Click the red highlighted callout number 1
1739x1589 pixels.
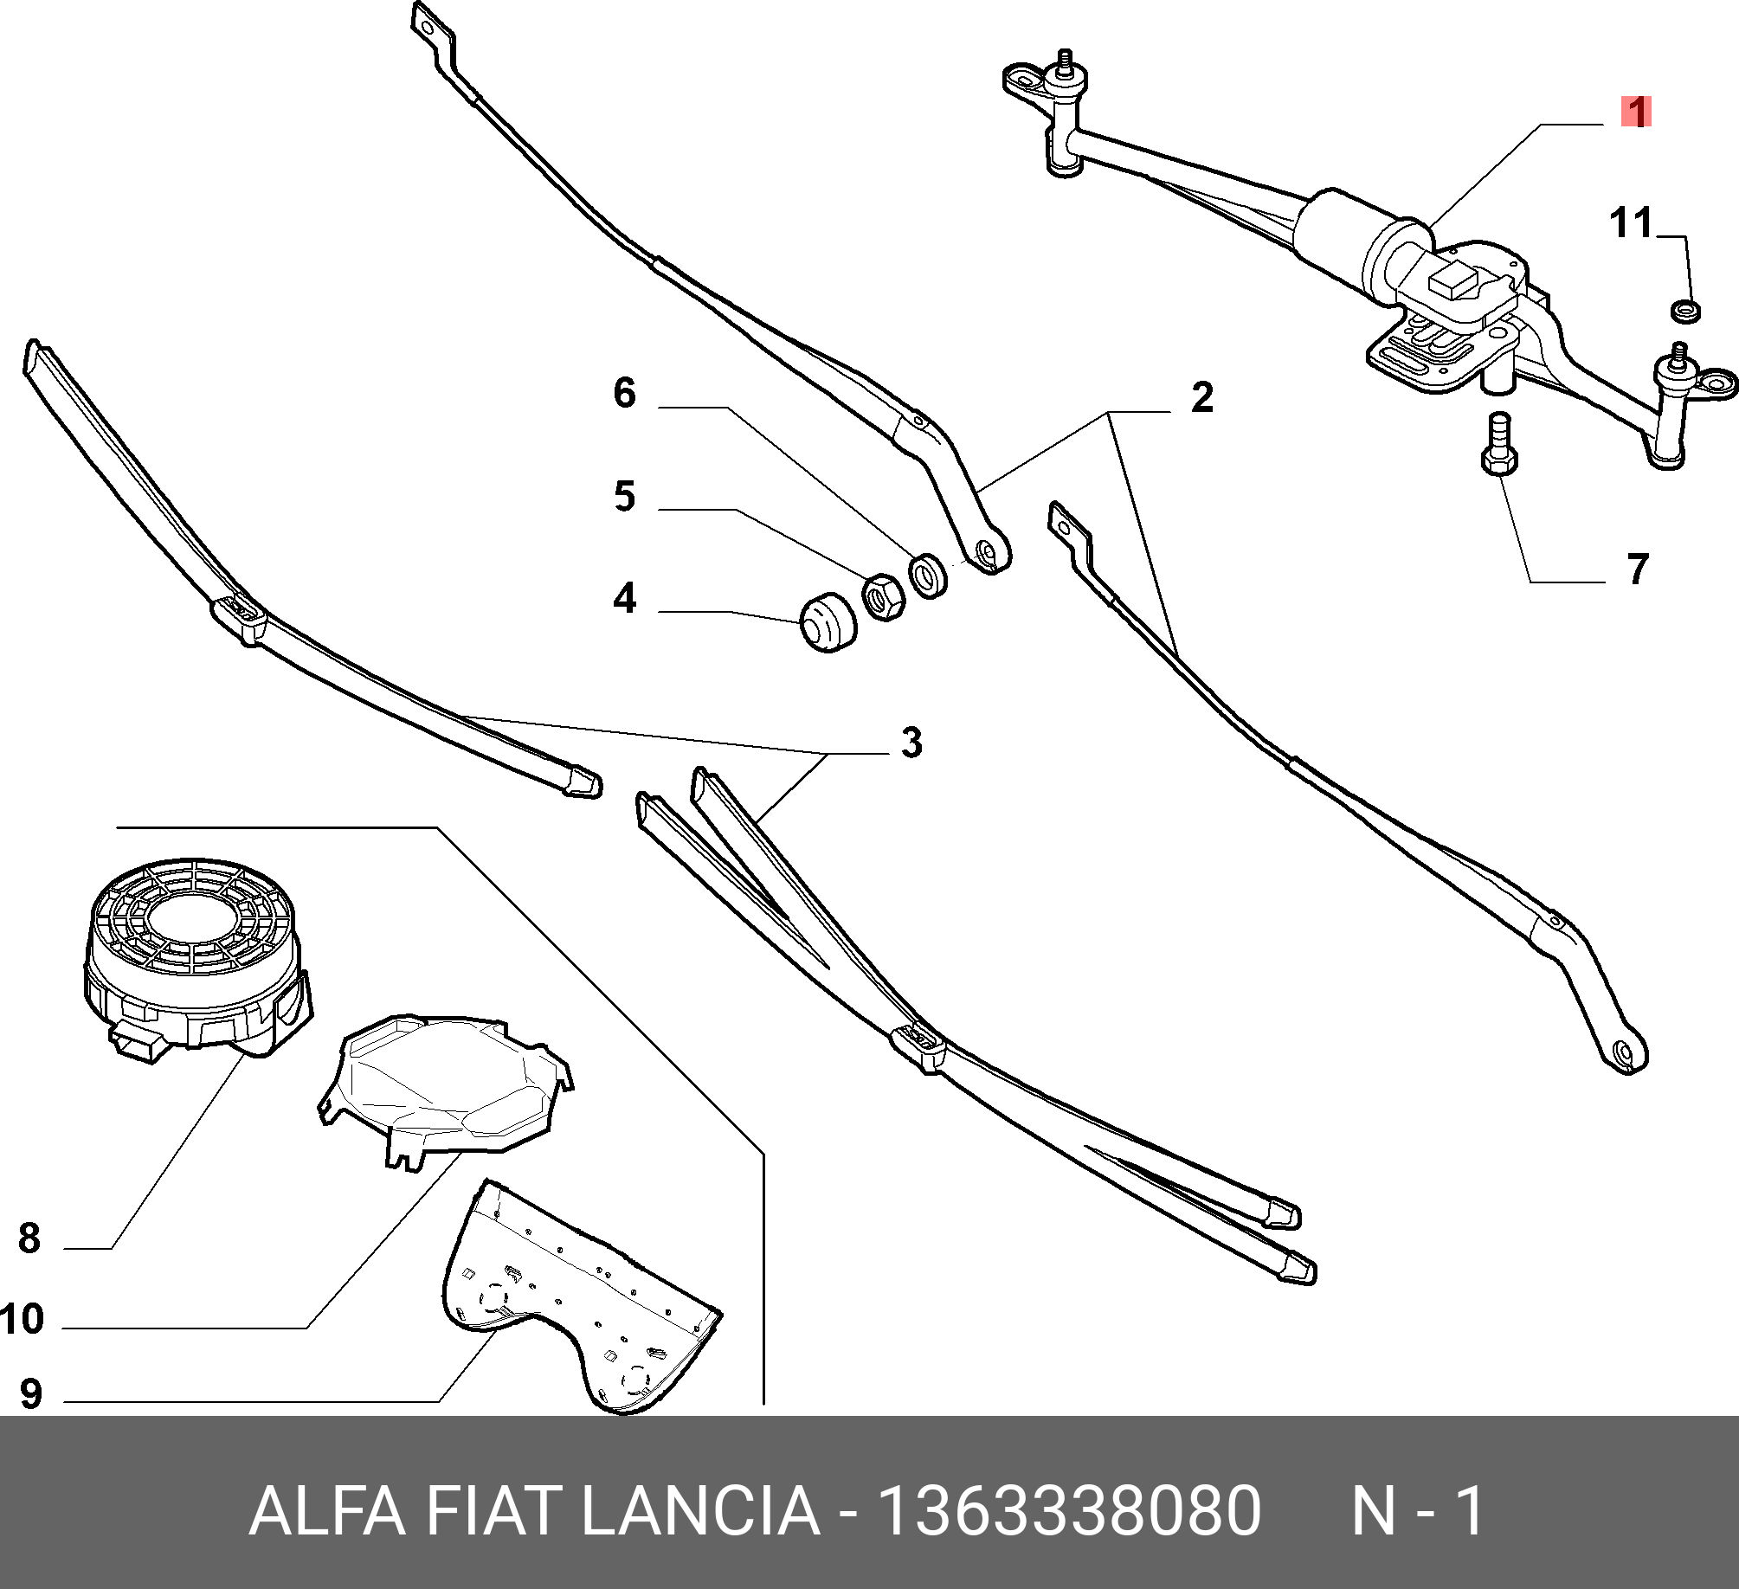tap(1636, 113)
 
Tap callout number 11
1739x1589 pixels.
tap(1631, 223)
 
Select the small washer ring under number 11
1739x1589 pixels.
tap(1684, 309)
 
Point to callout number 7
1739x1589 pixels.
tap(1637, 569)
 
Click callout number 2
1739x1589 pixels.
tap(1201, 397)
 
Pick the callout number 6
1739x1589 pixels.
tap(625, 393)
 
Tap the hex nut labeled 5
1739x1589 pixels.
tap(883, 596)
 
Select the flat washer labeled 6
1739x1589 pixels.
tap(928, 574)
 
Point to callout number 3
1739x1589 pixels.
tap(911, 743)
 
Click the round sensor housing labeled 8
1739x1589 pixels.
tap(195, 952)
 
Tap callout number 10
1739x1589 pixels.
tap(23, 1319)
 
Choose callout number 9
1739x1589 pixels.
tap(30, 1393)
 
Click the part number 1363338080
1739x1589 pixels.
tap(1069, 1511)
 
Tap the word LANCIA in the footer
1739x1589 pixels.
tap(700, 1511)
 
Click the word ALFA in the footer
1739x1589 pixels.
tap(326, 1511)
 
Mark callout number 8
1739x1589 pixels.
tap(29, 1238)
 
